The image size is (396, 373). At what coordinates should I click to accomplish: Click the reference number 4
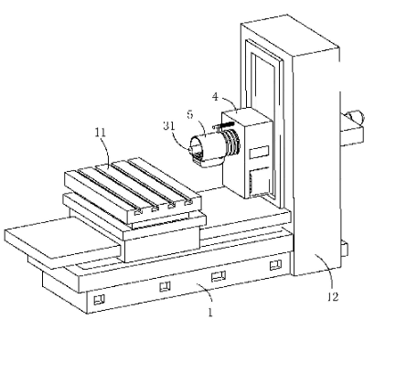click(x=215, y=97)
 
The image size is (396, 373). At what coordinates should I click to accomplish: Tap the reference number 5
click(x=190, y=114)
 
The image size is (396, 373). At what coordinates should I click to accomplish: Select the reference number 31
click(x=168, y=125)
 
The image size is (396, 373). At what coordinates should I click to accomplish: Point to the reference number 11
click(x=101, y=133)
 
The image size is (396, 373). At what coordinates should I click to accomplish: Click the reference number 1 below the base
click(x=210, y=313)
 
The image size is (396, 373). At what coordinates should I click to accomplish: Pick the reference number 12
click(x=333, y=297)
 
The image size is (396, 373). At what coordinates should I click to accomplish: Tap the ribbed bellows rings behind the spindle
click(x=232, y=143)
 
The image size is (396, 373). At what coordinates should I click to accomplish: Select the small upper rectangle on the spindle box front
click(x=259, y=152)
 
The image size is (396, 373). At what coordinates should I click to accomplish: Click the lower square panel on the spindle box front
click(x=259, y=181)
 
